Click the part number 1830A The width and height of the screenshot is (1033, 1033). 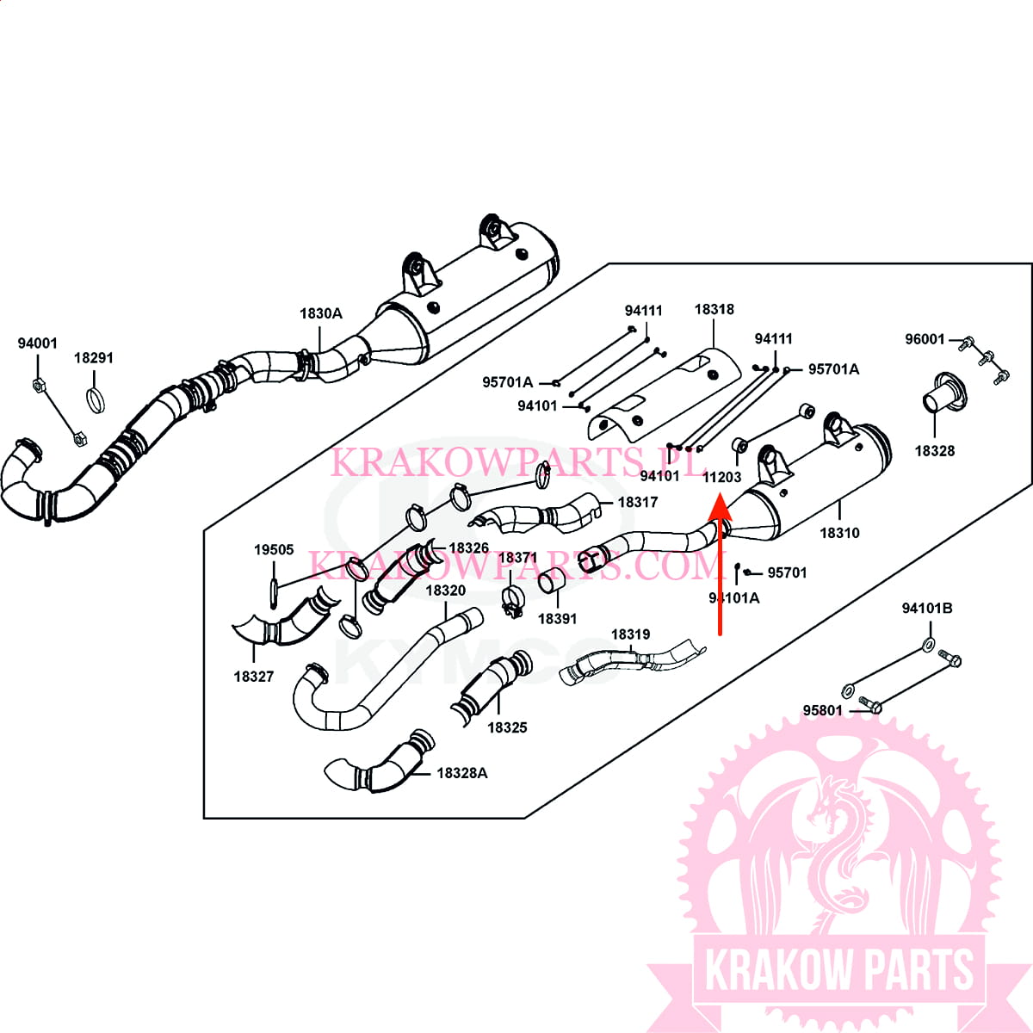[x=320, y=314]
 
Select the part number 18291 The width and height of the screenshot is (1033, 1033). [x=93, y=358]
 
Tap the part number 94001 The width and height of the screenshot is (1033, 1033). [x=38, y=343]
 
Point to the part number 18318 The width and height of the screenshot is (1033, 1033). [x=714, y=310]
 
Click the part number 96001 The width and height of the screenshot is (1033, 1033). [x=925, y=340]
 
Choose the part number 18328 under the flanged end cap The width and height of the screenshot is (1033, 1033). [x=934, y=451]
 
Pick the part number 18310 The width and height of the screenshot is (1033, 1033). [x=839, y=534]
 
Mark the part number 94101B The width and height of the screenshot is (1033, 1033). [x=927, y=609]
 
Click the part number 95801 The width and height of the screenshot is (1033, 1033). [x=822, y=711]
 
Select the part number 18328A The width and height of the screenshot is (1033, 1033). [x=461, y=773]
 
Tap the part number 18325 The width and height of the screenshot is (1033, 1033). [x=507, y=727]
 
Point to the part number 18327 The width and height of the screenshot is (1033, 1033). [x=253, y=677]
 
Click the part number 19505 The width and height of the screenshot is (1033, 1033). [x=274, y=550]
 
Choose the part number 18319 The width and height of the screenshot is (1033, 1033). [x=630, y=635]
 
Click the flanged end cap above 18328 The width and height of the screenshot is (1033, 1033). [x=939, y=395]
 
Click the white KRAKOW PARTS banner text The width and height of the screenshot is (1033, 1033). [x=839, y=970]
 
